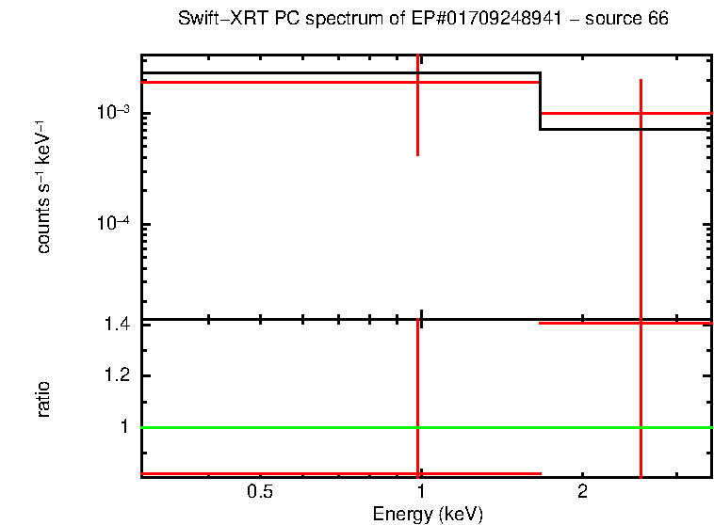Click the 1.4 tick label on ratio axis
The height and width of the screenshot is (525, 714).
pyautogui.click(x=120, y=325)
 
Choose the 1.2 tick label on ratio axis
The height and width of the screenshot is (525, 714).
pyautogui.click(x=120, y=376)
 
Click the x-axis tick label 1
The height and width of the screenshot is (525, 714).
pyautogui.click(x=420, y=492)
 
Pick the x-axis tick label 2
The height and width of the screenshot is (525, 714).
pyautogui.click(x=582, y=492)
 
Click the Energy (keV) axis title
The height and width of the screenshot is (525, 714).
pyautogui.click(x=427, y=514)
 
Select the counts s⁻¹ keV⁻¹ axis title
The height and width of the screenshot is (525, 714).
pyautogui.click(x=43, y=187)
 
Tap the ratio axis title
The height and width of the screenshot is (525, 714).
pyautogui.click(x=43, y=399)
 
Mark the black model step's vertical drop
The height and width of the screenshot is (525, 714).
pyautogui.click(x=540, y=102)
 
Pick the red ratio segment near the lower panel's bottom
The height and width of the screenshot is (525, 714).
pyautogui.click(x=283, y=473)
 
